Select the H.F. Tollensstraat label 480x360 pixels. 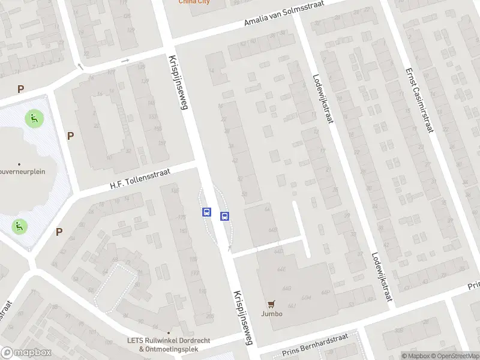[140, 179]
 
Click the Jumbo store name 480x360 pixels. [271, 313]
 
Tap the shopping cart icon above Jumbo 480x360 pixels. [271, 304]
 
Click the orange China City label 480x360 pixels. [194, 2]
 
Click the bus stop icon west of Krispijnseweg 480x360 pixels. [206, 212]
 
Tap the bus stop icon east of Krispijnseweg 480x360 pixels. [224, 217]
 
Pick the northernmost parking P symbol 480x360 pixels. [21, 89]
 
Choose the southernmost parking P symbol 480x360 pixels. [59, 232]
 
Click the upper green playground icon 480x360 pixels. [33, 118]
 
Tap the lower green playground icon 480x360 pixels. [20, 226]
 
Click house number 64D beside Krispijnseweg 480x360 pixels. [274, 230]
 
